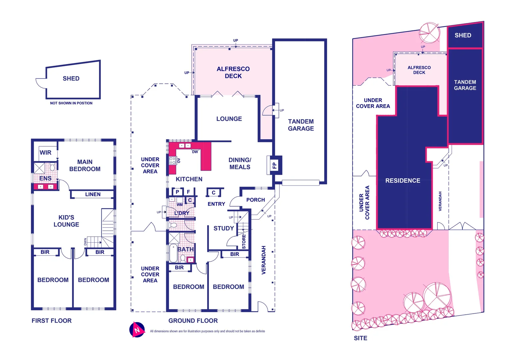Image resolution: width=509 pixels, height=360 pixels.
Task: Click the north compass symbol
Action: (x=137, y=330)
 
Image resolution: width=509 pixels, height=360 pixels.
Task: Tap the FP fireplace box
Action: (x=274, y=165)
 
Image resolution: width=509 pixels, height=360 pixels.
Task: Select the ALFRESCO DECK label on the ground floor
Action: (x=233, y=72)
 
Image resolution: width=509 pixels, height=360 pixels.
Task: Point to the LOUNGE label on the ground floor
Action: (x=229, y=119)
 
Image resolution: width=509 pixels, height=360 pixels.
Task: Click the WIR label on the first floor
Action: (x=46, y=153)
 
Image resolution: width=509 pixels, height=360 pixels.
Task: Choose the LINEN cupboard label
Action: (x=93, y=194)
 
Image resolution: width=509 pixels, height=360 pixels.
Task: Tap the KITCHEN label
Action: (x=189, y=179)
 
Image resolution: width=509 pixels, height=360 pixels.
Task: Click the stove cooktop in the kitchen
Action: (x=172, y=161)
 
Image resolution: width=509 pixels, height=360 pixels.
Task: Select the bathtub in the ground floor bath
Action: (x=173, y=253)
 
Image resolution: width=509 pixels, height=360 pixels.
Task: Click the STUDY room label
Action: (x=224, y=228)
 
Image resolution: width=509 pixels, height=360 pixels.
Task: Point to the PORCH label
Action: (x=255, y=200)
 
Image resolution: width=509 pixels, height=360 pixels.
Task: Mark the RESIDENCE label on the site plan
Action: (x=403, y=181)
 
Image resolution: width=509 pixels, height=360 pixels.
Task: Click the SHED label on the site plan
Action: (x=463, y=35)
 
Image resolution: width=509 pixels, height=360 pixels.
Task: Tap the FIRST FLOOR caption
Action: (x=52, y=321)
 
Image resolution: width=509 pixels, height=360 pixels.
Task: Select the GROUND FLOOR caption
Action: (x=193, y=321)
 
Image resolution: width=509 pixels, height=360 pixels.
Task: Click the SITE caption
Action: (x=360, y=338)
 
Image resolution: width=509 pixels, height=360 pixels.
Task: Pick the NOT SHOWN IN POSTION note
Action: (x=71, y=103)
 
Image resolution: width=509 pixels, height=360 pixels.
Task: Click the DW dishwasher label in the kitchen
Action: (x=195, y=152)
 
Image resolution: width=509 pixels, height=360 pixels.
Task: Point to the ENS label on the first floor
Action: (x=45, y=178)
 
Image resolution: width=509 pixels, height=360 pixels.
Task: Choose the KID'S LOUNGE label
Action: (x=66, y=221)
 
